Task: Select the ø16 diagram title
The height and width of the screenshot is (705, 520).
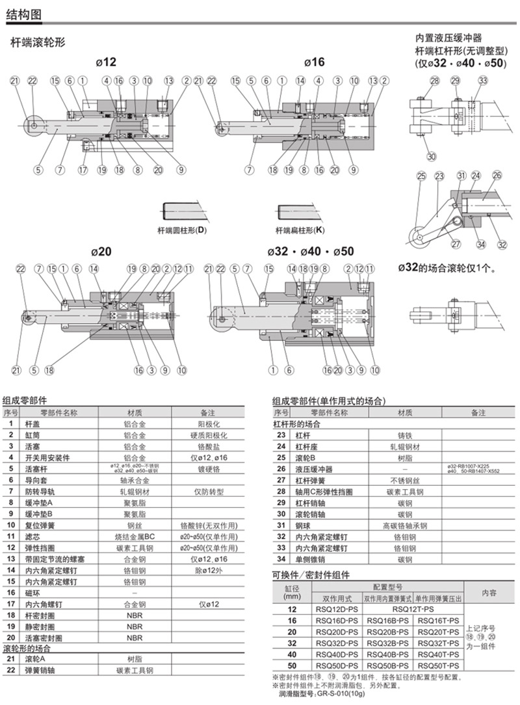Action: pyautogui.click(x=314, y=62)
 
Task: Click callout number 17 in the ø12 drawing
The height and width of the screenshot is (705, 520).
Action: pyautogui.click(x=83, y=170)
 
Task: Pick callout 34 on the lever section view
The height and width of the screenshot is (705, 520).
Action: pyautogui.click(x=480, y=245)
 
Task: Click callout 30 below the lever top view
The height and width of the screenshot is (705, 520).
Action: pyautogui.click(x=432, y=155)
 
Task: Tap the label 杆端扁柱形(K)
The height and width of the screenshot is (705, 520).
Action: pyautogui.click(x=300, y=230)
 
